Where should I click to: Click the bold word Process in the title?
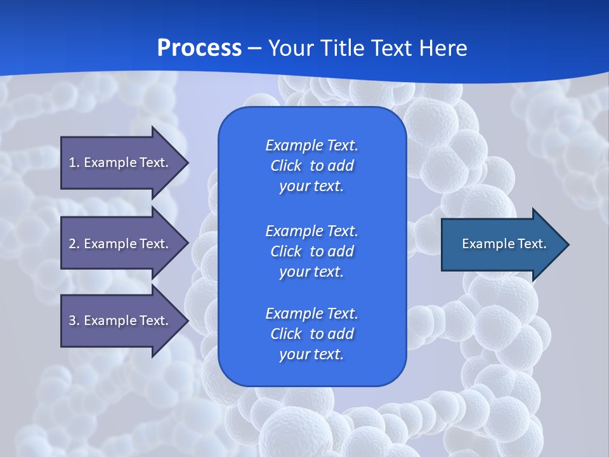(x=199, y=48)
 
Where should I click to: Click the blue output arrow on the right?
(x=501, y=244)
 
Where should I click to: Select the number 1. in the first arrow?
(x=74, y=162)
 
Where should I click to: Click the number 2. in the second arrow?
(x=74, y=244)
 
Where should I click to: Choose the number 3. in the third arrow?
(x=74, y=321)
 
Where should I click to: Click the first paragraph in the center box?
(x=311, y=166)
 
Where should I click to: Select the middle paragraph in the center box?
(x=311, y=251)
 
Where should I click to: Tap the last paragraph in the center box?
(x=311, y=334)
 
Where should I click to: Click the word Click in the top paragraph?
(x=285, y=166)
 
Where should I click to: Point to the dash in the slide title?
(x=254, y=48)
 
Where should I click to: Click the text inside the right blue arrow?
(x=504, y=244)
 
